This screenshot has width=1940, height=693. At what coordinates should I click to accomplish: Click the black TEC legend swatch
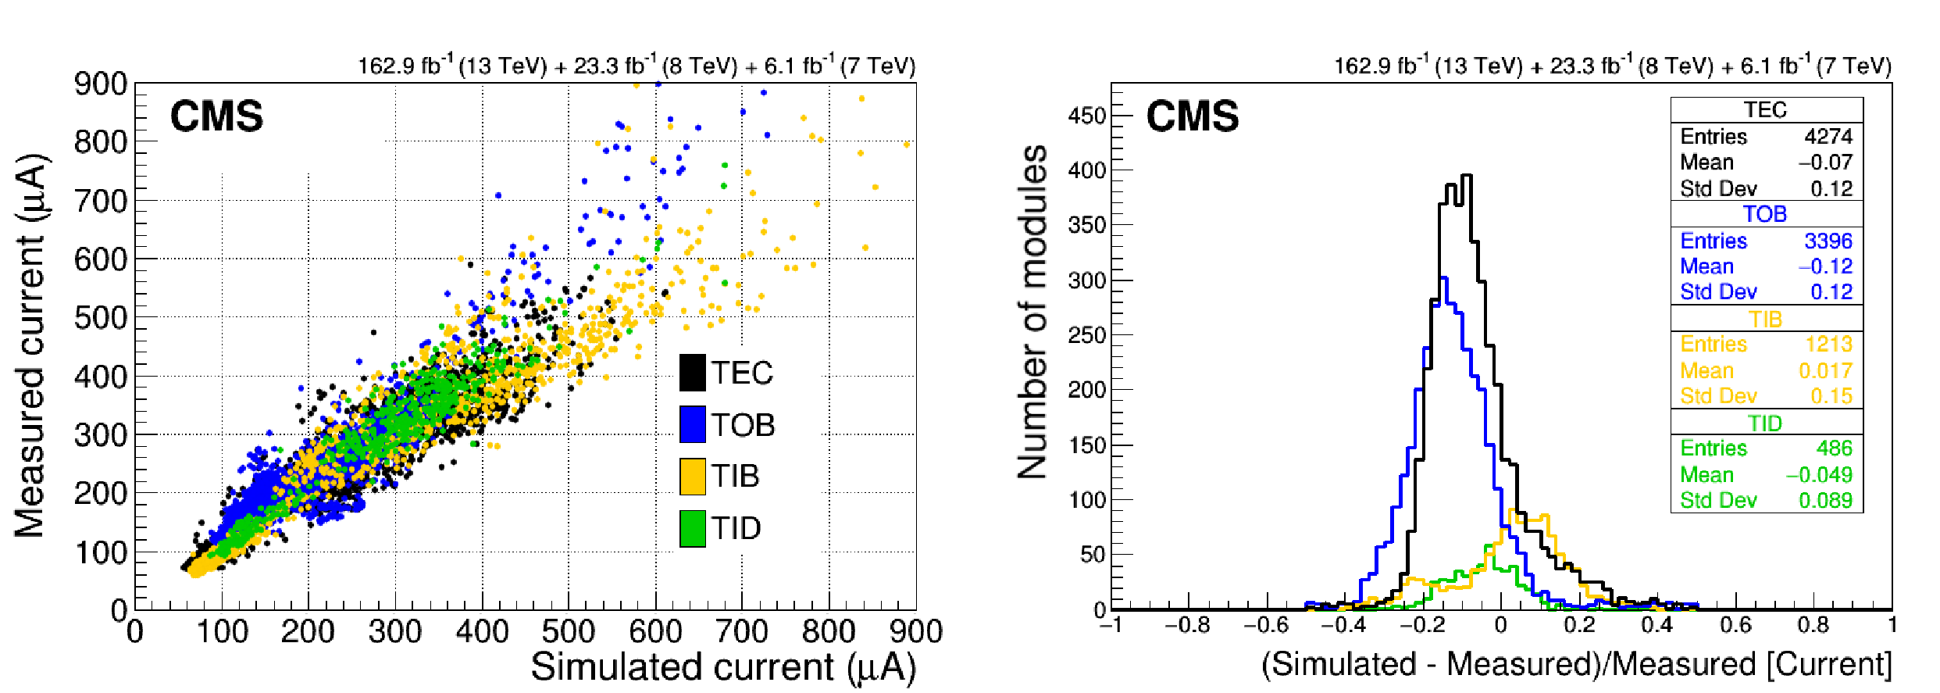coord(693,373)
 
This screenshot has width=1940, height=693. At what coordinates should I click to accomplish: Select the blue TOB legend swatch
coord(693,424)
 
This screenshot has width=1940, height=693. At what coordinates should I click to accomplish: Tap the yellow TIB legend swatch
coord(693,476)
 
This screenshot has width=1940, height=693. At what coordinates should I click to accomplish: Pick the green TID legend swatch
coord(693,528)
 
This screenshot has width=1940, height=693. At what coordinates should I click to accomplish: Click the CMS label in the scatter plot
coord(216,116)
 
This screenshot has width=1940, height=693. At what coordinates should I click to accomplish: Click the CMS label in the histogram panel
coord(1192,116)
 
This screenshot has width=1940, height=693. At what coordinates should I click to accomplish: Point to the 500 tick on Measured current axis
coord(101,318)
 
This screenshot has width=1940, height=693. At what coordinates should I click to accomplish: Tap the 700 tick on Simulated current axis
coord(742,631)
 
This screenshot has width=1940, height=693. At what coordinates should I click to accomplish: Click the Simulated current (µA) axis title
coord(723,667)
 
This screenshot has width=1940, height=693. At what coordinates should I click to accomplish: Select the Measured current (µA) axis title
coord(31,345)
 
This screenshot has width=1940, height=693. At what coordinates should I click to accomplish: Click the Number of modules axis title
coord(1032,311)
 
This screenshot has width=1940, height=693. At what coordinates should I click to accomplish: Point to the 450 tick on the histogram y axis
coord(1087,116)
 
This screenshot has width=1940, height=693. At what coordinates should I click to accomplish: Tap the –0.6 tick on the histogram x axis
coord(1265,625)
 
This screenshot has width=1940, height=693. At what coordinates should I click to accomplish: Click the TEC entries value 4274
coord(1828,137)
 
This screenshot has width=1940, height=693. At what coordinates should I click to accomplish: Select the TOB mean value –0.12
coord(1825,266)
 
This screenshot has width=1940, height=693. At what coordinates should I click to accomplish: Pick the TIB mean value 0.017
coord(1825,370)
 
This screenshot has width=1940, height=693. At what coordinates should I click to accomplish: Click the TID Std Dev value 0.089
coord(1825,500)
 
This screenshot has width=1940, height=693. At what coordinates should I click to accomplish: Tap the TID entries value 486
coord(1834,448)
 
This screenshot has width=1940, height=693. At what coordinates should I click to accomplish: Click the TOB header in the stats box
coord(1765,214)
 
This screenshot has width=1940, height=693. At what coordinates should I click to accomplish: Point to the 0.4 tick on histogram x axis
coord(1656,625)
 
